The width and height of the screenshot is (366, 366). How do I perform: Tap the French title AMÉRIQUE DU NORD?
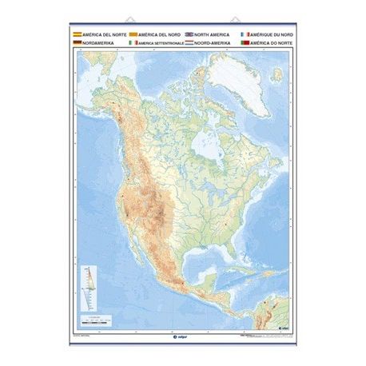(x=271, y=36)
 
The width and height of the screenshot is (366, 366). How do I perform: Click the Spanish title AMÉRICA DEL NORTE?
(x=99, y=36)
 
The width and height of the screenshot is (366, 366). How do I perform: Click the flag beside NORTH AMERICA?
(x=189, y=36)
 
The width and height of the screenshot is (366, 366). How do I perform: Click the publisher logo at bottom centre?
(x=182, y=336)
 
